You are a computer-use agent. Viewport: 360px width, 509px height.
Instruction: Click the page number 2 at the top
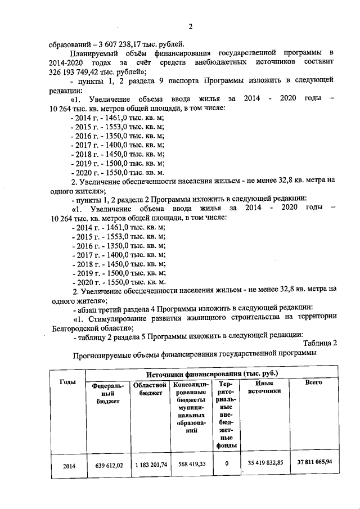(191, 26)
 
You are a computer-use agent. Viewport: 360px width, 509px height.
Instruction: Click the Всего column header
(313, 382)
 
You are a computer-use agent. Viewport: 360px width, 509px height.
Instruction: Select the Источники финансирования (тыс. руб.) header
(211, 373)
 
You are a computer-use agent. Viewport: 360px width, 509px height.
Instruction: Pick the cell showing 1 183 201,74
(149, 465)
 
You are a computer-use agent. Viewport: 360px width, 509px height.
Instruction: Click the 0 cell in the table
(226, 465)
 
